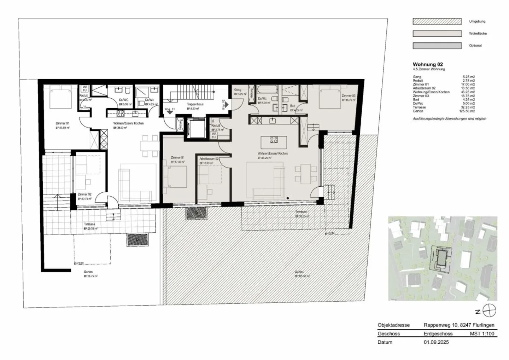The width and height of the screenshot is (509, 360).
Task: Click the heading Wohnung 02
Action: [427, 64]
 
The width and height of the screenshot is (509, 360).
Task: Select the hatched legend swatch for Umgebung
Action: [437, 22]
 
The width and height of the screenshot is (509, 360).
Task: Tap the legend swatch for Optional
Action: [437, 46]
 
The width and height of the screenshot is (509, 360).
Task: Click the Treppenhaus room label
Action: [195, 104]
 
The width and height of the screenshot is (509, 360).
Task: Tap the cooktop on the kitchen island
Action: [274, 140]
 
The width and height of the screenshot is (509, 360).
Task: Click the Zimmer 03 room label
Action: [348, 96]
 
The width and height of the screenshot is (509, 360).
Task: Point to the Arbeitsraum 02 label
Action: [209, 159]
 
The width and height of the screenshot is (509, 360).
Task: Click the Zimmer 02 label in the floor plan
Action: [84, 194]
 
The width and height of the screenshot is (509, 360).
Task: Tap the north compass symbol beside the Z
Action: [490, 311]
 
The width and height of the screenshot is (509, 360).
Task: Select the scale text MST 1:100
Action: [482, 333]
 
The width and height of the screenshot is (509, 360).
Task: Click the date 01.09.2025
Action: [436, 342]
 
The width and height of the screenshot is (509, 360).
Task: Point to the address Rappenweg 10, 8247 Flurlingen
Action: [459, 325]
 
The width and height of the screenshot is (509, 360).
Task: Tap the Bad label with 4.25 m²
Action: [292, 106]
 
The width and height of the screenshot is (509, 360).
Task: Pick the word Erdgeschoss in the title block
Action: [438, 333]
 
